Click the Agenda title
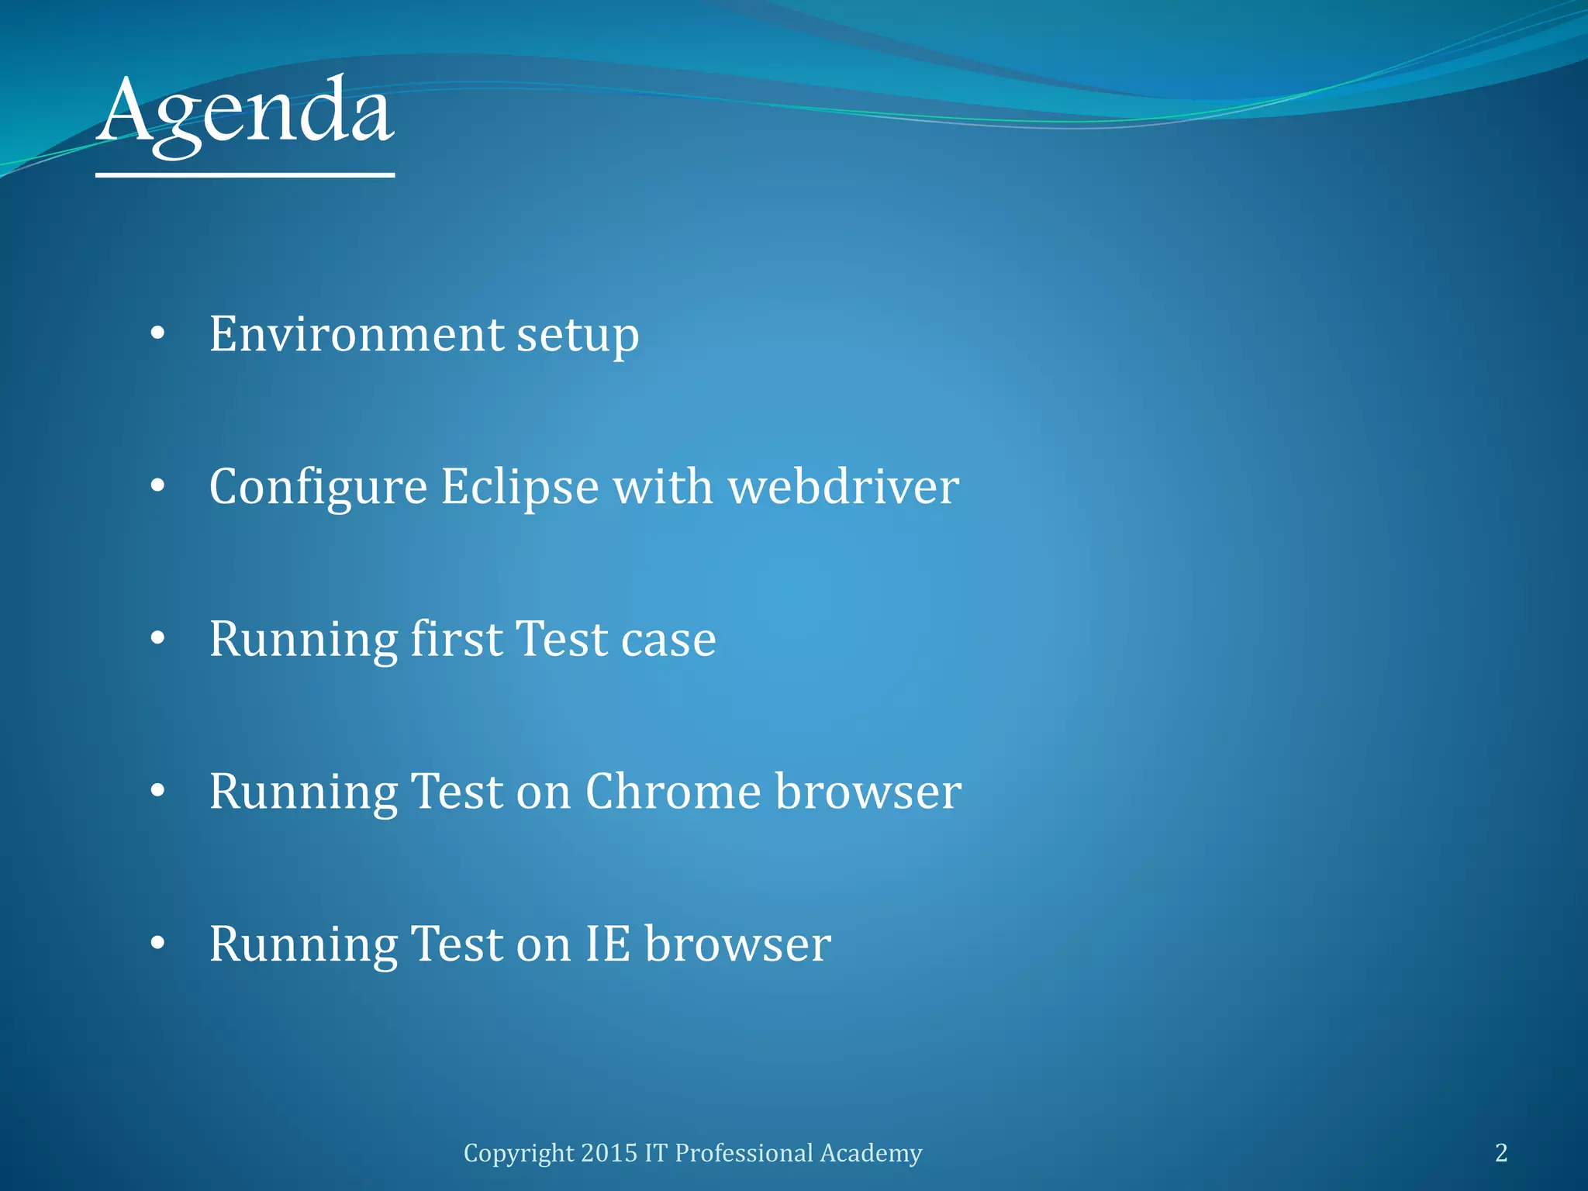pos(245,112)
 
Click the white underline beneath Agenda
pos(245,175)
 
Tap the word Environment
pos(357,334)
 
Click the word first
pos(456,639)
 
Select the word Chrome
pos(673,792)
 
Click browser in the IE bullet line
pos(737,944)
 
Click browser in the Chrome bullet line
pos(868,792)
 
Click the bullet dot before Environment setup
pos(158,334)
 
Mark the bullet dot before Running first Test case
pos(158,639)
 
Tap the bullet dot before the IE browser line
pos(158,944)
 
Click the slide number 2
pos(1501,1153)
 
